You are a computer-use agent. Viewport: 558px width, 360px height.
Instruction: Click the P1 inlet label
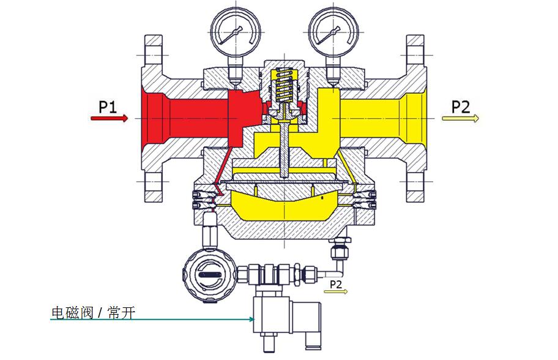108,107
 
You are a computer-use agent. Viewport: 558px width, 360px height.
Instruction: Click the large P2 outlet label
460,107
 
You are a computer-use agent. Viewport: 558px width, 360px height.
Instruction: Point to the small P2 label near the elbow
336,284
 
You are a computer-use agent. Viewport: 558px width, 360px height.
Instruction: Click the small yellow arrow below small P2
336,292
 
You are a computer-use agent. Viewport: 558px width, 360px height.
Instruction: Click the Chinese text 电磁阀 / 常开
92,313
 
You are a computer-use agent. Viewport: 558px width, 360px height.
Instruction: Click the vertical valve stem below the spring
283,147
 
